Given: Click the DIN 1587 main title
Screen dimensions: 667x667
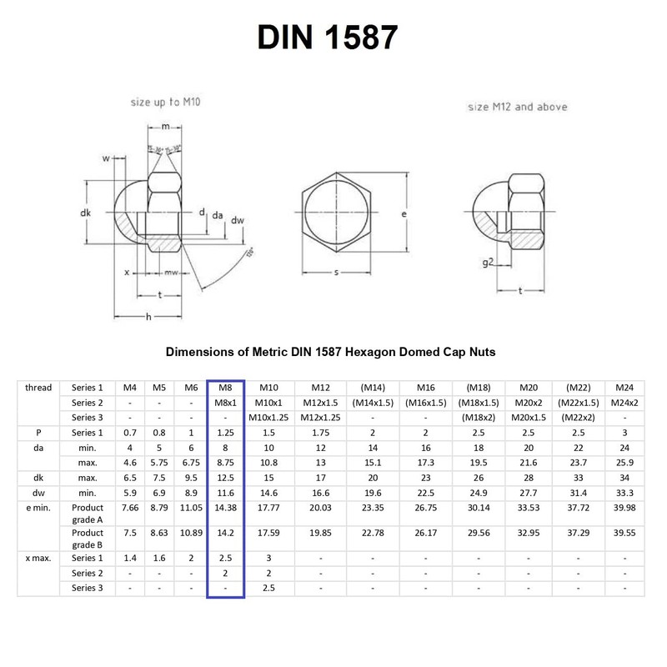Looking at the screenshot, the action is point(327,37).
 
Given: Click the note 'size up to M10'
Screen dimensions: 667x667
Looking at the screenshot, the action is point(165,102).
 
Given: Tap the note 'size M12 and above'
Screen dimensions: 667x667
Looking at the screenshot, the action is point(517,107).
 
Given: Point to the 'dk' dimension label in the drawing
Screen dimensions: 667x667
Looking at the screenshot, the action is point(85,213).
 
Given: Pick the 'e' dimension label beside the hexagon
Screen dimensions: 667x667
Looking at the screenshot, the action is point(404,214).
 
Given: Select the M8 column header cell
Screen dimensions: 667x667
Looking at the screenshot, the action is point(225,388).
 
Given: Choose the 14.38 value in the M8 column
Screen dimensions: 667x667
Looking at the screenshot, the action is point(225,508).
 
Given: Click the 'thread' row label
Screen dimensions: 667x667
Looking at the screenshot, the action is point(38,388).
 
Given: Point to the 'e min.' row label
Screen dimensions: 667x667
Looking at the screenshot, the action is point(38,508).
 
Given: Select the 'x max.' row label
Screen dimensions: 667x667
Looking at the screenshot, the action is point(38,558).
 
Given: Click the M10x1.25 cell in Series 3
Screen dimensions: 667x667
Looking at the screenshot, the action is point(268,418).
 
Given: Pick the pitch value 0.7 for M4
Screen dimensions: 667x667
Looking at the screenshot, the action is point(130,433).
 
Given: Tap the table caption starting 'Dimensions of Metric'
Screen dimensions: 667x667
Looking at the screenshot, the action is point(331,352).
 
